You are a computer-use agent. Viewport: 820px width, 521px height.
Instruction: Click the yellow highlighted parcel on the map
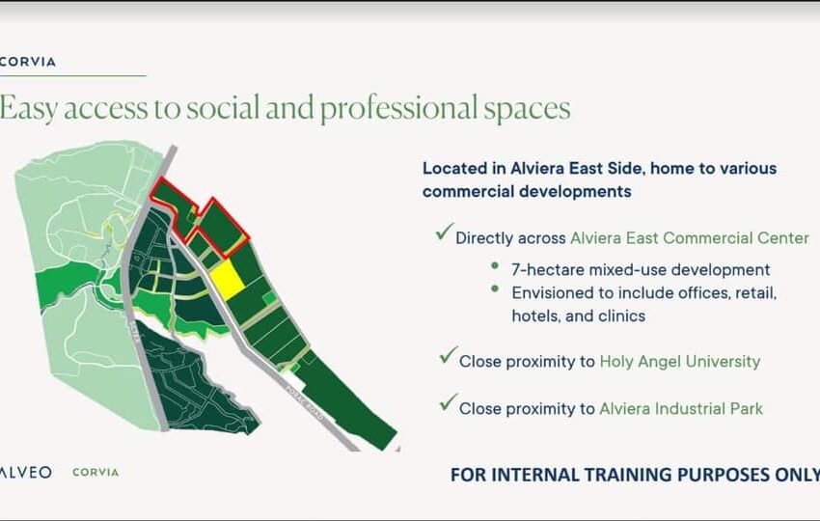227,281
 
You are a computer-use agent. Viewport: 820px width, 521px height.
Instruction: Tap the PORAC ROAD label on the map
304,405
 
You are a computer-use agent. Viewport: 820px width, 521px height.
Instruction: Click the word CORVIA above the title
28,62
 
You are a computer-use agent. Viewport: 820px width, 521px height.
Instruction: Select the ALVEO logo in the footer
26,473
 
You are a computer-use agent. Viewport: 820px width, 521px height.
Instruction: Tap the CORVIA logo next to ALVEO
96,473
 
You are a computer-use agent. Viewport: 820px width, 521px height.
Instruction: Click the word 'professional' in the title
398,109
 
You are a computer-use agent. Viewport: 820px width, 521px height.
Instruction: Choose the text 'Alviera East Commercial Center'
689,238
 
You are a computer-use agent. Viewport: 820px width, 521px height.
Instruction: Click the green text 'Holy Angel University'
680,362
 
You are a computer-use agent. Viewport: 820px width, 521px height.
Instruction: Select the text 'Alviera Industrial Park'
681,408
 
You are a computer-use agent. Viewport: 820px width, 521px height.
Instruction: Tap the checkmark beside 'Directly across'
445,232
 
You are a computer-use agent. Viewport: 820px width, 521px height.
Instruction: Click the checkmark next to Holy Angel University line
449,355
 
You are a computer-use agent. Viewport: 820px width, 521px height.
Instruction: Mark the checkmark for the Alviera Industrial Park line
449,402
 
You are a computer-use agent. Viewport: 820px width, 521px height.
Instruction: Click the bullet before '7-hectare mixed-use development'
495,265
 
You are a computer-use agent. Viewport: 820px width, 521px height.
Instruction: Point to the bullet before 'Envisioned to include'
495,288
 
